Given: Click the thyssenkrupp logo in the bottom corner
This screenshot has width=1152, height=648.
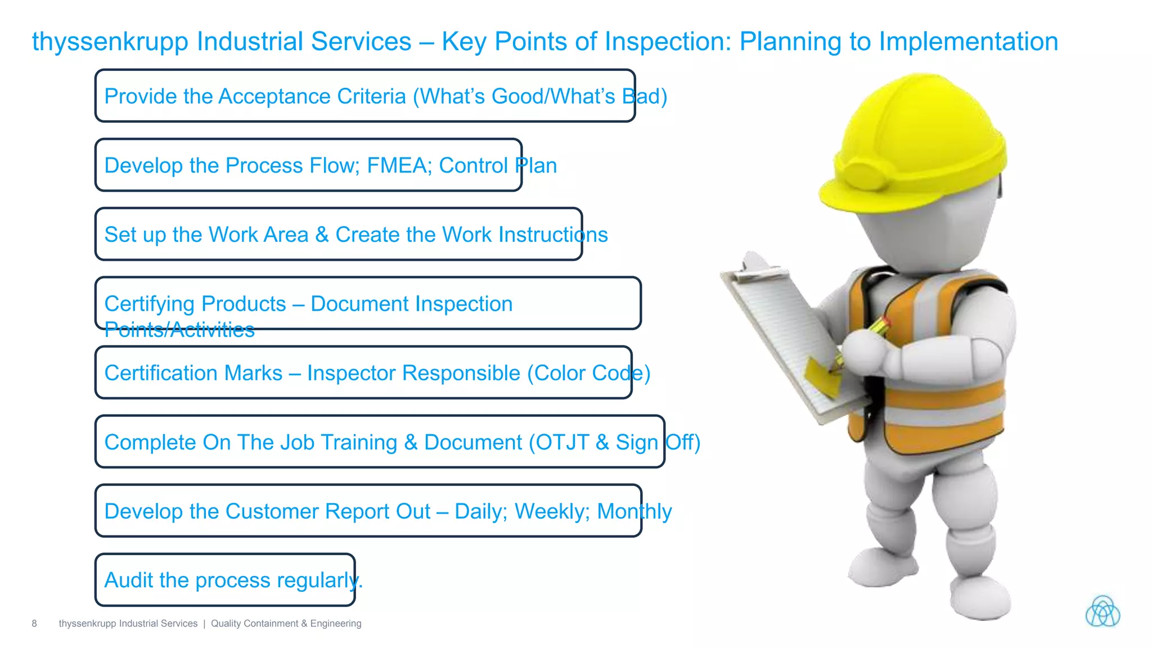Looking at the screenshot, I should tap(1102, 611).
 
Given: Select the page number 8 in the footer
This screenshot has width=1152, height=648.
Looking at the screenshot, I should tap(34, 623).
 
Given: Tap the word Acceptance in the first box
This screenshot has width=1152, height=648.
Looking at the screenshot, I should tap(312, 96).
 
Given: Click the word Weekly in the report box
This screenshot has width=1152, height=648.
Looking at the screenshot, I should tap(552, 511).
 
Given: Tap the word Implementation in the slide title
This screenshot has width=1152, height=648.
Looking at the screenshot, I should tap(968, 42).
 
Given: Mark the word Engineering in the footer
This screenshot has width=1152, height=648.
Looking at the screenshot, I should tap(336, 623).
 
